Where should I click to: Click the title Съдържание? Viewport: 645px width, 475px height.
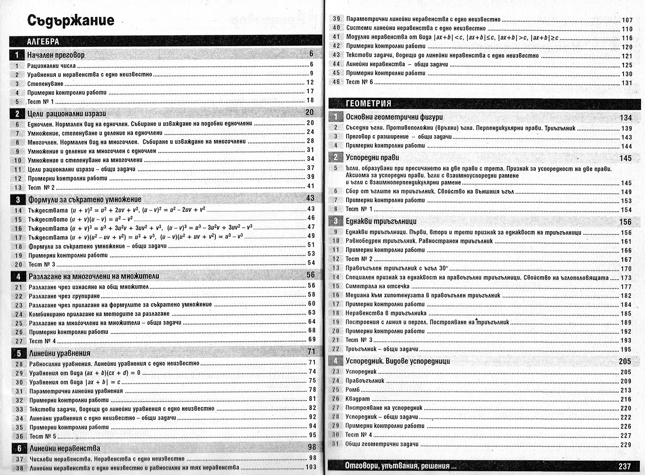point(71,21)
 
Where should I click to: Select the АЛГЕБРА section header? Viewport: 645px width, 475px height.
point(43,42)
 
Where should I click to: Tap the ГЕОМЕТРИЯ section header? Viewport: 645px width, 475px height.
point(369,104)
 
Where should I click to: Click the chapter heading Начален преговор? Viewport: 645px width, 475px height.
point(56,55)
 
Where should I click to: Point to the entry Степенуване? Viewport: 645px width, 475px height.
point(45,84)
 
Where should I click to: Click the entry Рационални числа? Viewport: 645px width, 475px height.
point(52,66)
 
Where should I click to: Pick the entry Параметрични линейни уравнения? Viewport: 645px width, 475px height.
point(76,391)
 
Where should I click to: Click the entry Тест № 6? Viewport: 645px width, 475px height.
point(359,82)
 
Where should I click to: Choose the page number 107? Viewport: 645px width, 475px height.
point(627,20)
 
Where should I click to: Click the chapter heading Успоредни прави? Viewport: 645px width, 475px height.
point(372,157)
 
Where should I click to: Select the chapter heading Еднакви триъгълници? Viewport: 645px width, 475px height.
point(381,222)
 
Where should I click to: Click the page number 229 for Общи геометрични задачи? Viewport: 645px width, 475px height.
point(626,444)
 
